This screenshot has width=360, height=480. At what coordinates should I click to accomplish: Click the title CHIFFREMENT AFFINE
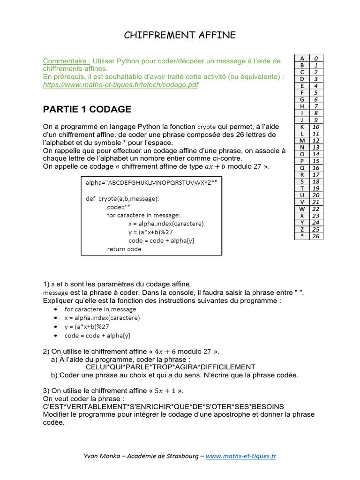tap(180, 35)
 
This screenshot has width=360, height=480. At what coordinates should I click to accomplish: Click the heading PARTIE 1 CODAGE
tap(87, 110)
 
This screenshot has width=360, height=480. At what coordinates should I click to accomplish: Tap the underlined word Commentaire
tap(67, 61)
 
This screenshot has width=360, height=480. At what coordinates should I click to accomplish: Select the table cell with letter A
tap(302, 58)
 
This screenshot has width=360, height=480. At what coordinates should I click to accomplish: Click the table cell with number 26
tap(316, 236)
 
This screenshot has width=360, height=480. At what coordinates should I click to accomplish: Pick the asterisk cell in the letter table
tap(302, 236)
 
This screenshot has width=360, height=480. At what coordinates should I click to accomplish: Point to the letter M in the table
tap(302, 140)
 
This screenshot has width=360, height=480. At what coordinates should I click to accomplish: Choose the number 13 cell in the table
tap(316, 147)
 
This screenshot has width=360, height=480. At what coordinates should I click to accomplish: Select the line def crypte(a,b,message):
tap(122, 198)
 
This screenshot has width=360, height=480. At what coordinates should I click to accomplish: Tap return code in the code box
tap(124, 249)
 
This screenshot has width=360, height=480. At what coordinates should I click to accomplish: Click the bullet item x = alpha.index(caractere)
tap(102, 318)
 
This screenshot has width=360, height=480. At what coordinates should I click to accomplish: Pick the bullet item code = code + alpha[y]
tap(97, 336)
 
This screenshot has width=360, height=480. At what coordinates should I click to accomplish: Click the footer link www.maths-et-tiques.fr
tap(241, 456)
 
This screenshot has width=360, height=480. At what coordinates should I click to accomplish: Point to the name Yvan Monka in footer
tap(100, 456)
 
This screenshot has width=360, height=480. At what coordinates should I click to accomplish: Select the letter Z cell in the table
tap(302, 229)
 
